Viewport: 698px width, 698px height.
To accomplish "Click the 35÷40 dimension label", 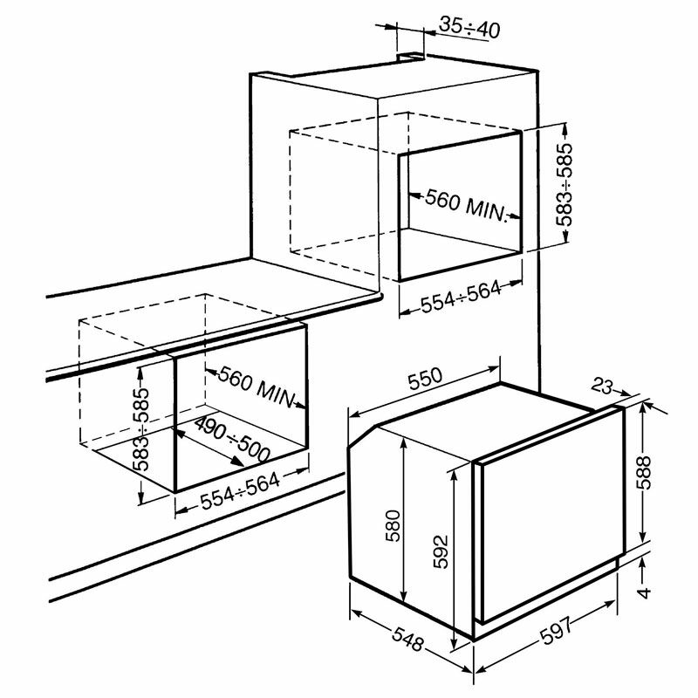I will coord(469,28).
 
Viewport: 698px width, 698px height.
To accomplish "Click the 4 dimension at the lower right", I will coord(644,593).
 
